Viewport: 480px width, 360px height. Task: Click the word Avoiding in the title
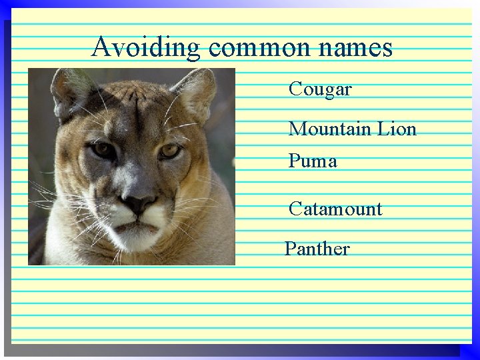(x=145, y=47)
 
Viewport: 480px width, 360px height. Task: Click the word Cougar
(x=320, y=89)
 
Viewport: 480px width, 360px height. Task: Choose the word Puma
(x=313, y=161)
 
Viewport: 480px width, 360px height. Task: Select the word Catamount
(x=335, y=209)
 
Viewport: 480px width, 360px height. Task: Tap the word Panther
(x=317, y=249)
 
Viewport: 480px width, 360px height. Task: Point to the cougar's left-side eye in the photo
(x=103, y=149)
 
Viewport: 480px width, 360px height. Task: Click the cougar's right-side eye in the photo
(x=170, y=151)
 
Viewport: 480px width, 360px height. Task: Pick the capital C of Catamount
(x=295, y=209)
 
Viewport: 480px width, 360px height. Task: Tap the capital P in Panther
(x=291, y=249)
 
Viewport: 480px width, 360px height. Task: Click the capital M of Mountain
(x=297, y=129)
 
